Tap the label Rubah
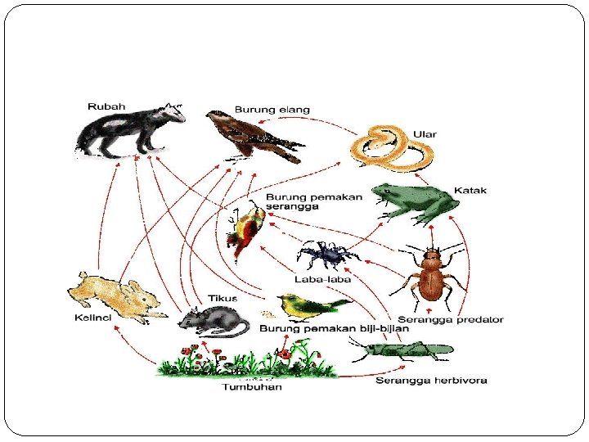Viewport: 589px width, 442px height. (106, 106)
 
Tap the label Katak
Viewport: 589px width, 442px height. (470, 191)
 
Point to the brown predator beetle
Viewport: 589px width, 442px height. (431, 275)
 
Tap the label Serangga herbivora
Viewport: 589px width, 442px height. (431, 380)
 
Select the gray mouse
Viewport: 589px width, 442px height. (213, 320)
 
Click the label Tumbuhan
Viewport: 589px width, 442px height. (252, 386)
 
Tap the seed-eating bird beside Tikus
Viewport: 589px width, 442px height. (311, 306)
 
